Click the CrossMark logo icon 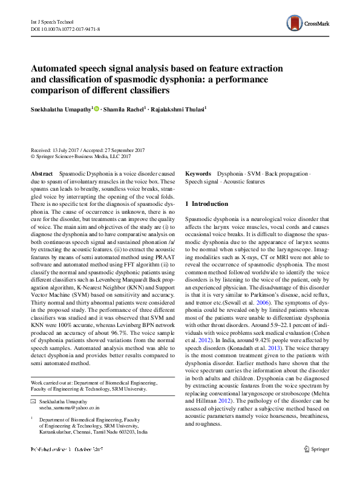pos(296,24)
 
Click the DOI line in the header pos(65,28)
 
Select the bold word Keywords pos(198,174)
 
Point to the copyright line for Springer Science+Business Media pos(80,156)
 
